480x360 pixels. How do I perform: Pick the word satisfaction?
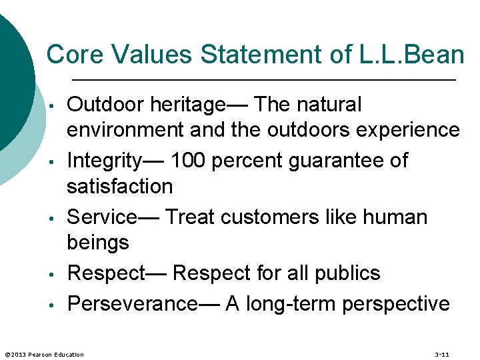point(119,186)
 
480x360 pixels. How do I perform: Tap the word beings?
point(98,243)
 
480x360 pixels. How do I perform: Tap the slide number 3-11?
point(441,354)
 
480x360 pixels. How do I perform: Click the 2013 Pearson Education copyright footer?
point(45,354)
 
